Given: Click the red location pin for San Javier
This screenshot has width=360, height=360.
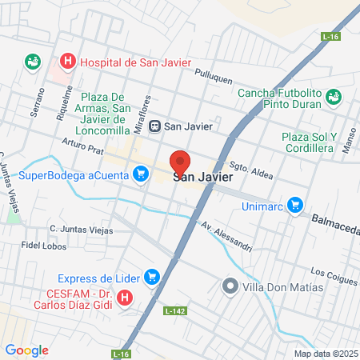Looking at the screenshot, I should [180, 162].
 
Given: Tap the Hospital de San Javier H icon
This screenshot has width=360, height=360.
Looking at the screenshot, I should [68, 61].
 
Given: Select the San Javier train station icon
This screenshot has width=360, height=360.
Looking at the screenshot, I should [155, 126].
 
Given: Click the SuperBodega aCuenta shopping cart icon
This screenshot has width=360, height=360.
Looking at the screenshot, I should [141, 174].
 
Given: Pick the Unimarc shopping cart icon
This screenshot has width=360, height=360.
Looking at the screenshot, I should [295, 205].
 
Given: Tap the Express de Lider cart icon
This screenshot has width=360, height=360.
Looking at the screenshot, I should [152, 278].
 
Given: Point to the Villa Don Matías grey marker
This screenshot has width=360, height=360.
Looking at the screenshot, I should [230, 286].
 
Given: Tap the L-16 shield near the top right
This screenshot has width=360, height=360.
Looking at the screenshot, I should [330, 38].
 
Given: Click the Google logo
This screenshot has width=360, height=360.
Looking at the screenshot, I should [26, 350].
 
